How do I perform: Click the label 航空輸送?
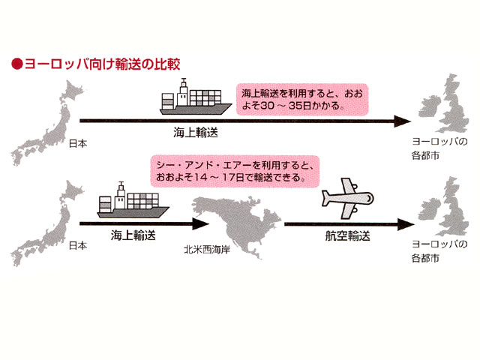click(x=348, y=235)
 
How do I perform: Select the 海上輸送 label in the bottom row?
click(x=133, y=234)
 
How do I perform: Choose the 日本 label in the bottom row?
click(x=78, y=245)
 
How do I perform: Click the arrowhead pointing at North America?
click(x=200, y=223)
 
